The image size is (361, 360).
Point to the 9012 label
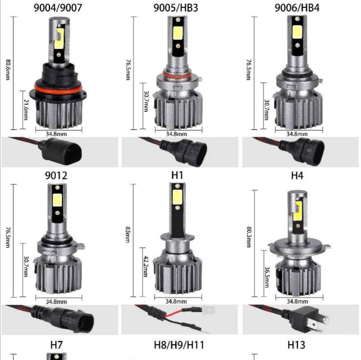point(56,175)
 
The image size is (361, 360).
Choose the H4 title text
point(297,175)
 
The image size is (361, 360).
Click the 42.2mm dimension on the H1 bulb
point(146,268)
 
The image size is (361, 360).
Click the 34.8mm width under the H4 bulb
point(297,301)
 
